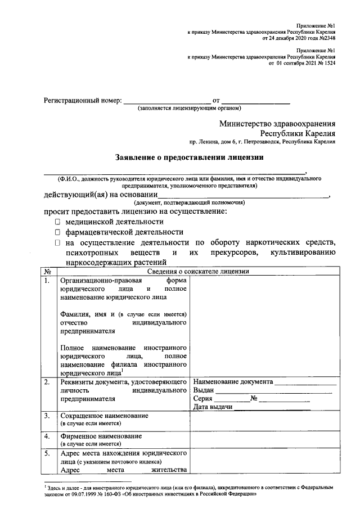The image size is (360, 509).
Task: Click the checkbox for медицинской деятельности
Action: [57, 222]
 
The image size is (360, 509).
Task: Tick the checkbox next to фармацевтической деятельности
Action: [57, 232]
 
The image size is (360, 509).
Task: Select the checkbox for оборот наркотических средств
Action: [57, 243]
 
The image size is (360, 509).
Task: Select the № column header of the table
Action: [47, 272]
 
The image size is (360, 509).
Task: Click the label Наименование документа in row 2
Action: [233, 382]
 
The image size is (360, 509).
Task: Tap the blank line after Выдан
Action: [273, 390]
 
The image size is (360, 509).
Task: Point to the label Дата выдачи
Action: [213, 407]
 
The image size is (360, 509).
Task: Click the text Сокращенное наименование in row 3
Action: [104, 416]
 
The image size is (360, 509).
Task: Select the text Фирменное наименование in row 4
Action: [101, 436]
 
